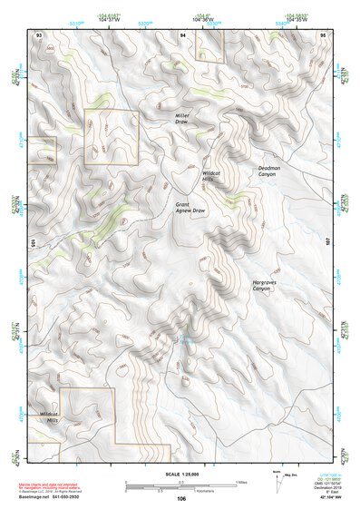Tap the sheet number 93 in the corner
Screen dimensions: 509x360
(x=38, y=34)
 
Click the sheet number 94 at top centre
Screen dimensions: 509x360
(x=183, y=34)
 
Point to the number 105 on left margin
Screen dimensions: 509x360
(x=32, y=242)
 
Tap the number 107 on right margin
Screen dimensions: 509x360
(x=329, y=242)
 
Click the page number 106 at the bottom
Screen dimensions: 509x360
(x=181, y=498)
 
